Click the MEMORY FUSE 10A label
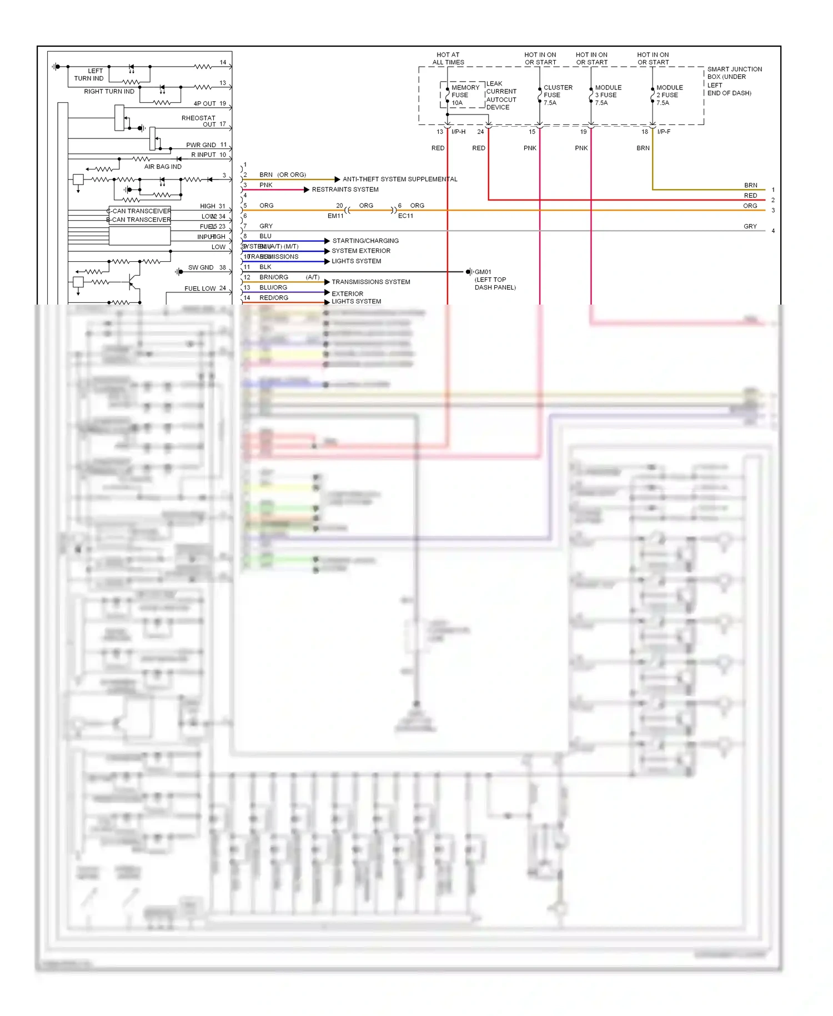(464, 95)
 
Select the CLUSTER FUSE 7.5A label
(557, 95)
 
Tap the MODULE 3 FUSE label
(608, 95)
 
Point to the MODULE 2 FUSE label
(669, 95)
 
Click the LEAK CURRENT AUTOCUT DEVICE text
(501, 96)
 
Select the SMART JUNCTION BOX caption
(734, 81)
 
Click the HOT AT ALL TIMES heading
(448, 58)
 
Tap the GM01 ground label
(483, 272)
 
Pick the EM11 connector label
(335, 216)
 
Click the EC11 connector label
(405, 216)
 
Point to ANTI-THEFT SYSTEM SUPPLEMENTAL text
(400, 179)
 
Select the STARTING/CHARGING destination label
(365, 241)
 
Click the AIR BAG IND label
(163, 166)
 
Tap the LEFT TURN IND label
(89, 74)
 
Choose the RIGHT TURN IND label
(109, 91)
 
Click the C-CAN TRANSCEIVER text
(139, 211)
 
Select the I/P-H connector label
(458, 132)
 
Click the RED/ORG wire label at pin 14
(273, 297)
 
